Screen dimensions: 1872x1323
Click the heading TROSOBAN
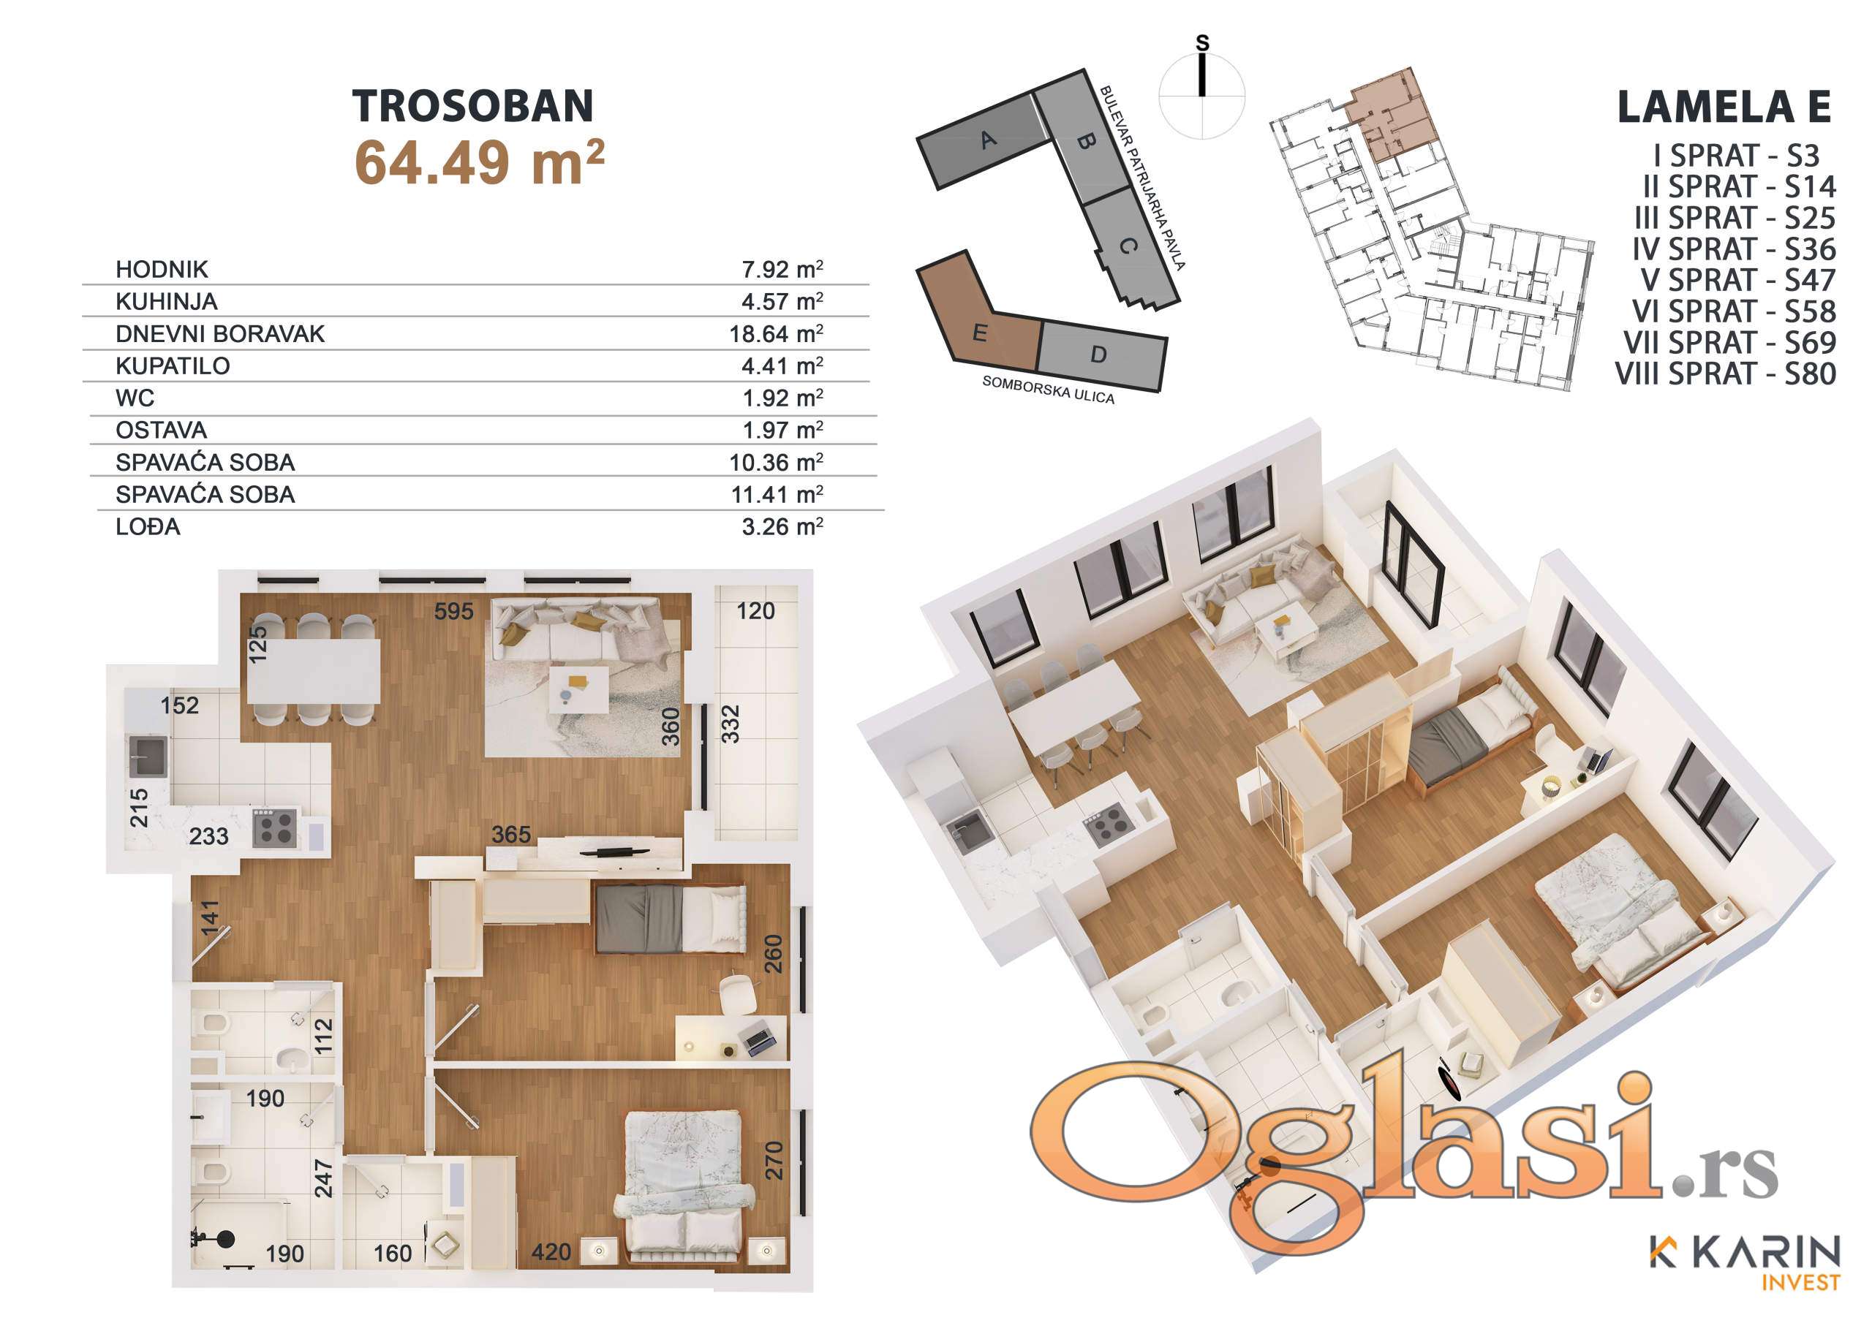point(473,106)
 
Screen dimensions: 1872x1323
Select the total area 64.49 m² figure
point(480,162)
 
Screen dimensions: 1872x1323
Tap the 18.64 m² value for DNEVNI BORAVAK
point(776,333)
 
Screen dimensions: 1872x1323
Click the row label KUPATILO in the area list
point(173,366)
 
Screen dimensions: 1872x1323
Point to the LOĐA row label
point(148,526)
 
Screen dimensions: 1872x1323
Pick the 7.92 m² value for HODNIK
point(782,269)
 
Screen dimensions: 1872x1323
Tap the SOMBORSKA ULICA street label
point(1048,390)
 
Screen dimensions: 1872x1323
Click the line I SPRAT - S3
point(1736,155)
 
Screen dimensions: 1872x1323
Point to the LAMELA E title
point(1724,107)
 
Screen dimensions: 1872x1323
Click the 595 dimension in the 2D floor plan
point(453,610)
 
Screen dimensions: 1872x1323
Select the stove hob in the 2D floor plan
point(275,827)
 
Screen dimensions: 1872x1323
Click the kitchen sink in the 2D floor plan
point(148,756)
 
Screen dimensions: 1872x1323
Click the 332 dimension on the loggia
point(731,724)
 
